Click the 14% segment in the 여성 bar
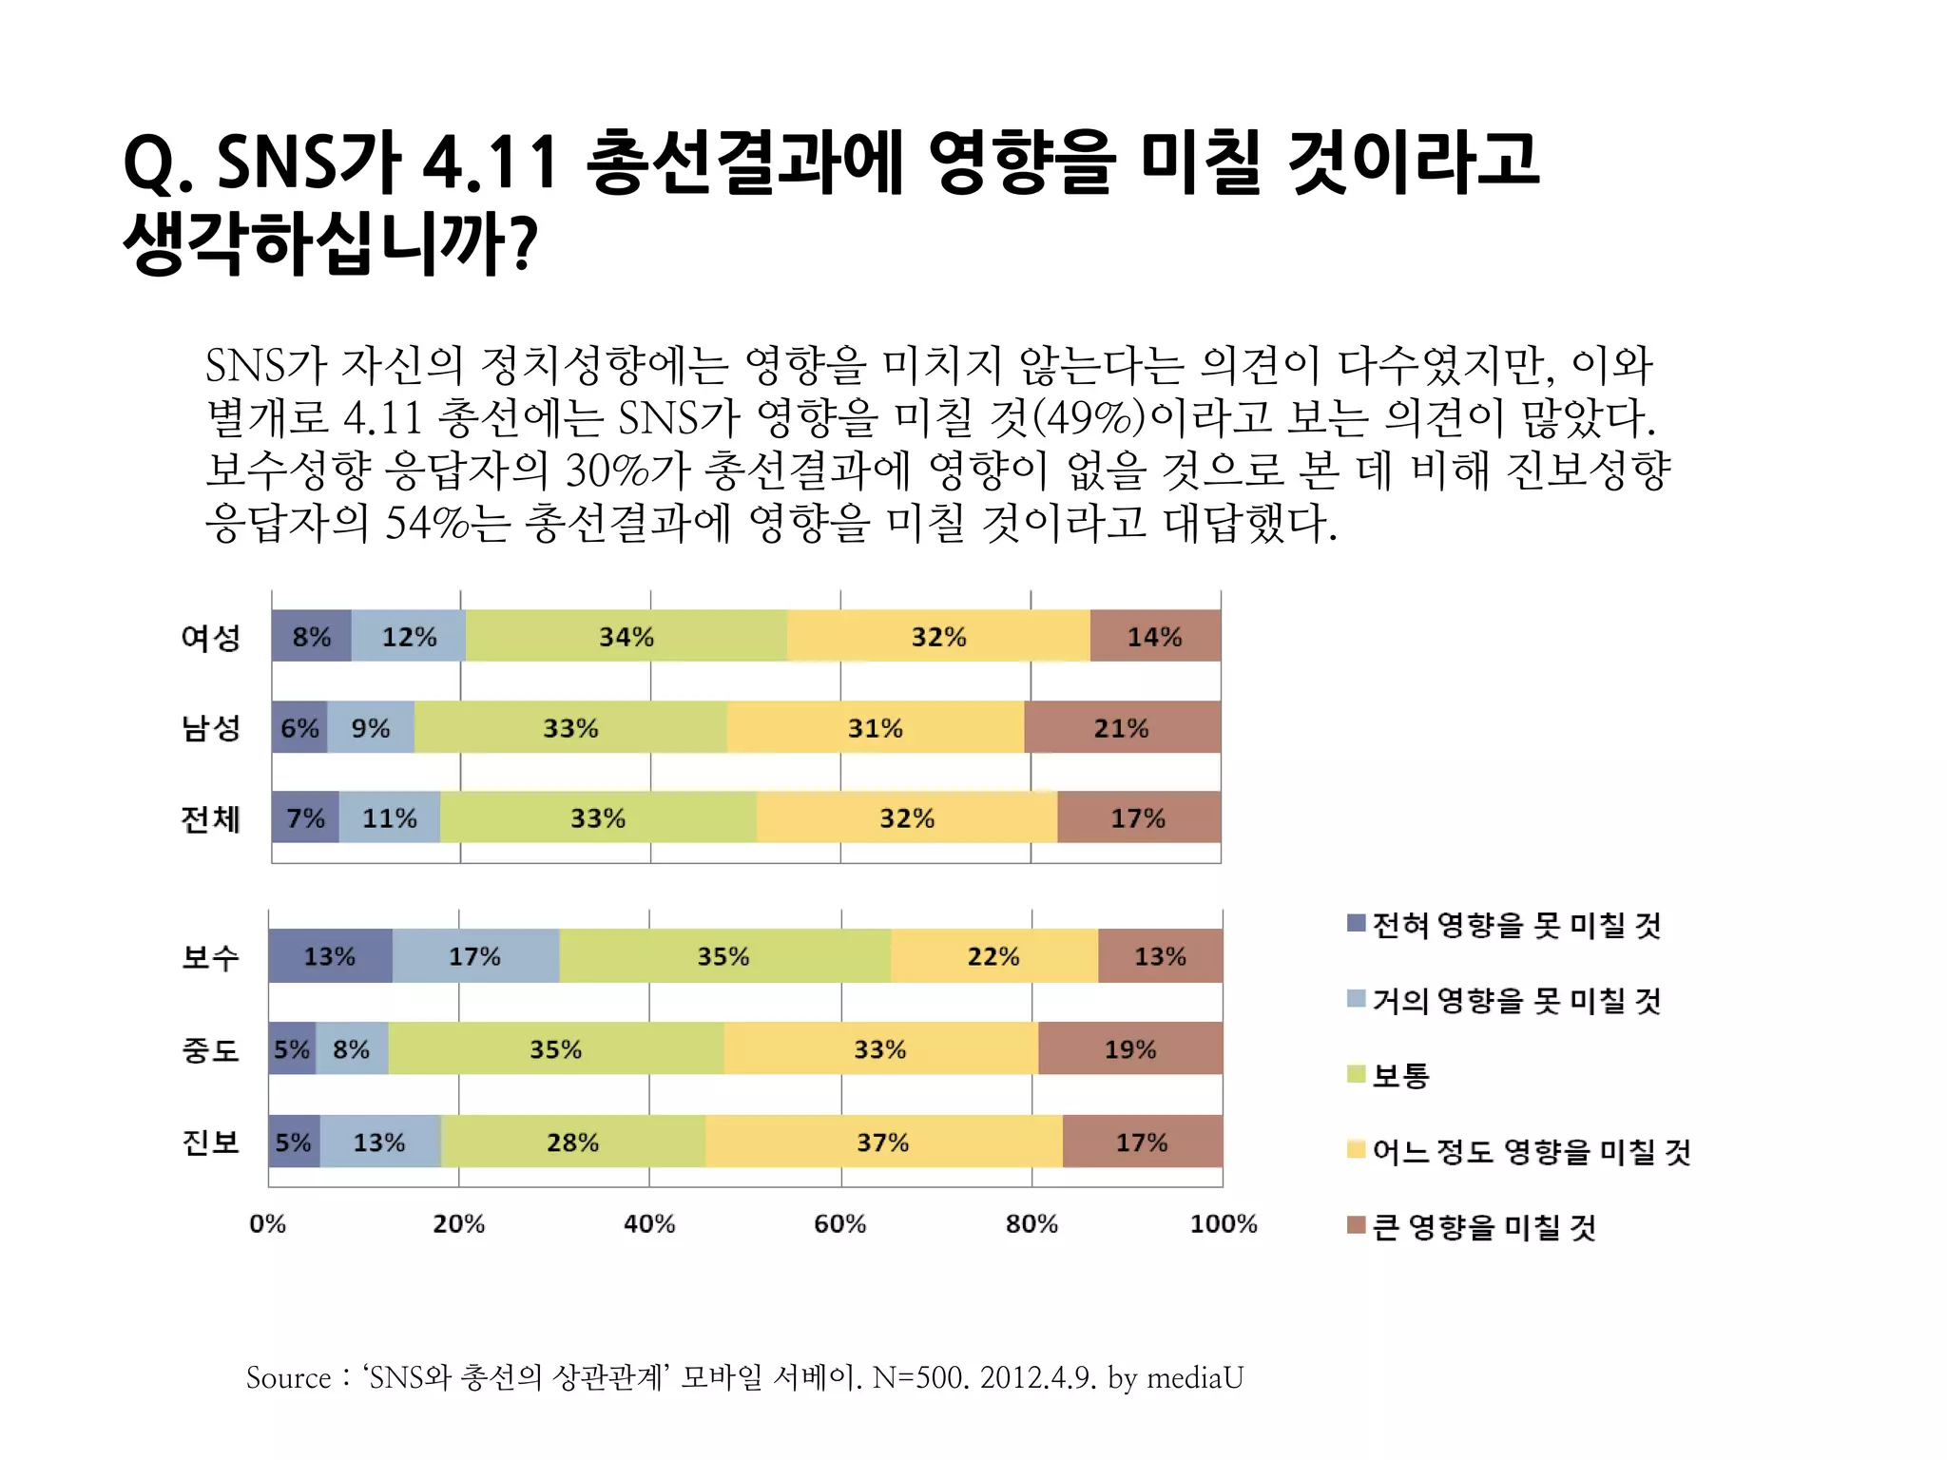1155,636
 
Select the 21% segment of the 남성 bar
1122,728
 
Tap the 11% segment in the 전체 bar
390,817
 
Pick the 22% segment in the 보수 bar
993,956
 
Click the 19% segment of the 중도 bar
1130,1049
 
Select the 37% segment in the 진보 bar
883,1142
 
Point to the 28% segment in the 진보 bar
572,1142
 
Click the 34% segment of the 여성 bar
627,636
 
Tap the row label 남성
211,728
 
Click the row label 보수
211,956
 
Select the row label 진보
211,1142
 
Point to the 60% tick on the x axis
840,1223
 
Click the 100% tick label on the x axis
1224,1223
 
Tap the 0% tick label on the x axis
268,1223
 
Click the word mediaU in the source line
1195,1377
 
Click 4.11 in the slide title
490,162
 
